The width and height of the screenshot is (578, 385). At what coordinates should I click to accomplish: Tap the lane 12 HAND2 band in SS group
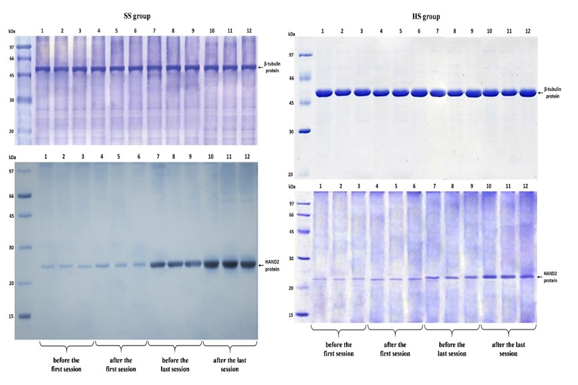coord(248,264)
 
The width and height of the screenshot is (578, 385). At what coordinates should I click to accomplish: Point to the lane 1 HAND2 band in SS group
coord(47,267)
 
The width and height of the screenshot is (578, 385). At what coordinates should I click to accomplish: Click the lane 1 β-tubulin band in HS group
coord(323,92)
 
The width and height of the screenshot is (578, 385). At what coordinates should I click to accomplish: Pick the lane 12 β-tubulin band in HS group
coord(527,92)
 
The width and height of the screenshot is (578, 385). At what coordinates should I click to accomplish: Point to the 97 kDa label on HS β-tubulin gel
coord(291,55)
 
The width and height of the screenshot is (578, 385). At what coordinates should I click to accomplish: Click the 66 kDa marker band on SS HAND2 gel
coord(24,197)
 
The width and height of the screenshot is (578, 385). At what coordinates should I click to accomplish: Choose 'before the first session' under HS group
coord(338,349)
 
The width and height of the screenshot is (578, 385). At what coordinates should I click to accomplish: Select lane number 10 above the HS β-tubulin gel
coord(490,31)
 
